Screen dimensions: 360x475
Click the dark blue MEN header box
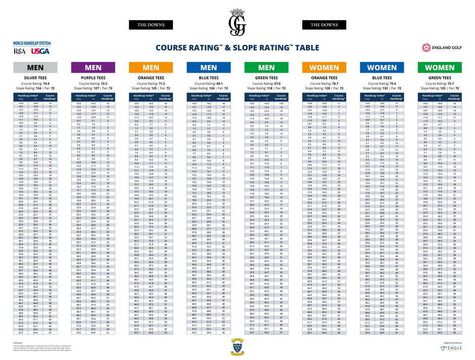pyautogui.click(x=209, y=68)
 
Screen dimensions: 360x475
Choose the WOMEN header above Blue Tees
pyautogui.click(x=382, y=68)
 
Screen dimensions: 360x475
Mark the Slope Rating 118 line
pyautogui.click(x=266, y=87)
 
